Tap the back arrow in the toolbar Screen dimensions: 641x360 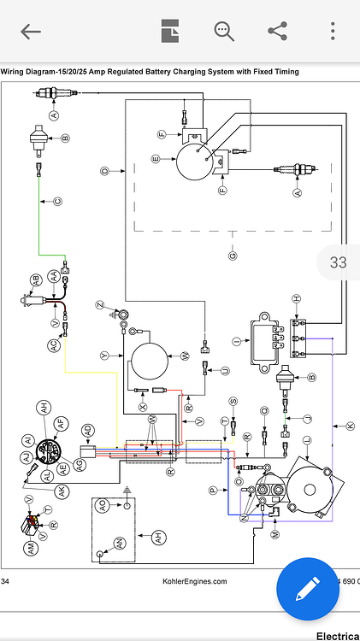click(x=31, y=32)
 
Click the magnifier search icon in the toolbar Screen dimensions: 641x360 click(x=224, y=32)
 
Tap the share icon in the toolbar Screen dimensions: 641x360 click(x=277, y=32)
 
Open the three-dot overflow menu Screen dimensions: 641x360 click(x=333, y=32)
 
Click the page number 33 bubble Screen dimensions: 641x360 click(x=338, y=262)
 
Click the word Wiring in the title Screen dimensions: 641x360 click(x=15, y=72)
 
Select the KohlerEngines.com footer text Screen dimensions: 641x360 click(x=195, y=581)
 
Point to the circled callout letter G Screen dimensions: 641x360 click(x=233, y=255)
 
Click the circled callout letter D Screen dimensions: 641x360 click(x=105, y=171)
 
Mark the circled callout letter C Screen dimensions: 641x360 click(x=58, y=202)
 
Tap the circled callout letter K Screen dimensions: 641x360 click(x=349, y=425)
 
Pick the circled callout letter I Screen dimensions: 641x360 click(x=235, y=341)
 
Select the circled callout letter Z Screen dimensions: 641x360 click(x=100, y=305)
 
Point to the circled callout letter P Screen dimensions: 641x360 click(x=213, y=490)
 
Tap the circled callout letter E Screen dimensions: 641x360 click(x=155, y=158)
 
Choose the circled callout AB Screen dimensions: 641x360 click(x=36, y=279)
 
